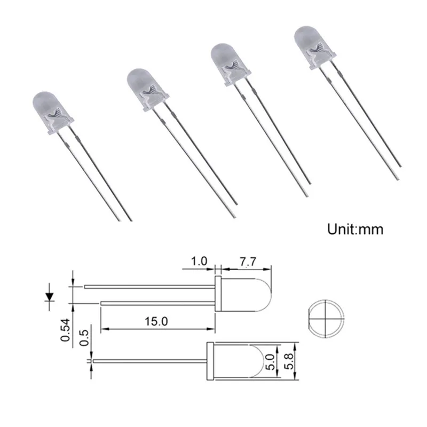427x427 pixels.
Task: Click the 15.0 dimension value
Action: click(156, 321)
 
